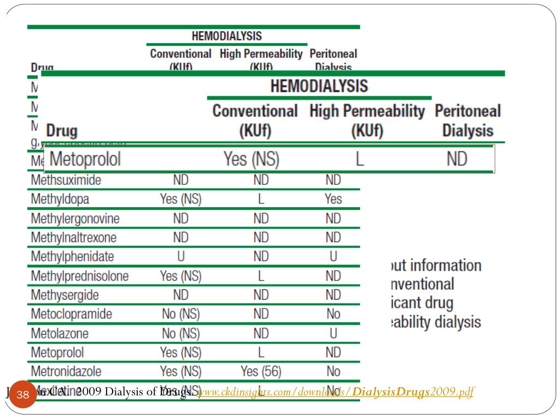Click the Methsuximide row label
pyautogui.click(x=66, y=180)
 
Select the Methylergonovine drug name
pyautogui.click(x=75, y=219)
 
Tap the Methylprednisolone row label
pyautogui.click(x=79, y=276)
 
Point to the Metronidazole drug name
pyautogui.click(x=66, y=372)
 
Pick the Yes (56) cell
pyautogui.click(x=261, y=372)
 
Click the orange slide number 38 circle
pyautogui.click(x=23, y=395)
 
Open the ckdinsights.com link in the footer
pyautogui.click(x=335, y=392)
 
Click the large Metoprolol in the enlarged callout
pyautogui.click(x=85, y=159)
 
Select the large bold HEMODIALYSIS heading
pyautogui.click(x=319, y=86)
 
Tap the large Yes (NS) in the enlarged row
pyautogui.click(x=252, y=159)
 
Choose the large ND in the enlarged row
pyautogui.click(x=456, y=159)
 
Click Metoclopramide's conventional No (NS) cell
pyautogui.click(x=180, y=314)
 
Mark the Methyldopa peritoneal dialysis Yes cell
pyautogui.click(x=333, y=200)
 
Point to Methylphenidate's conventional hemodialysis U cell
pyautogui.click(x=180, y=257)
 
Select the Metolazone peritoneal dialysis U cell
pyautogui.click(x=333, y=334)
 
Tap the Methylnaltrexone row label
pyautogui.click(x=73, y=238)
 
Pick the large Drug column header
pyautogui.click(x=62, y=131)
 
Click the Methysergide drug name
pyautogui.click(x=65, y=295)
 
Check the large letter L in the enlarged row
pyautogui.click(x=359, y=159)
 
